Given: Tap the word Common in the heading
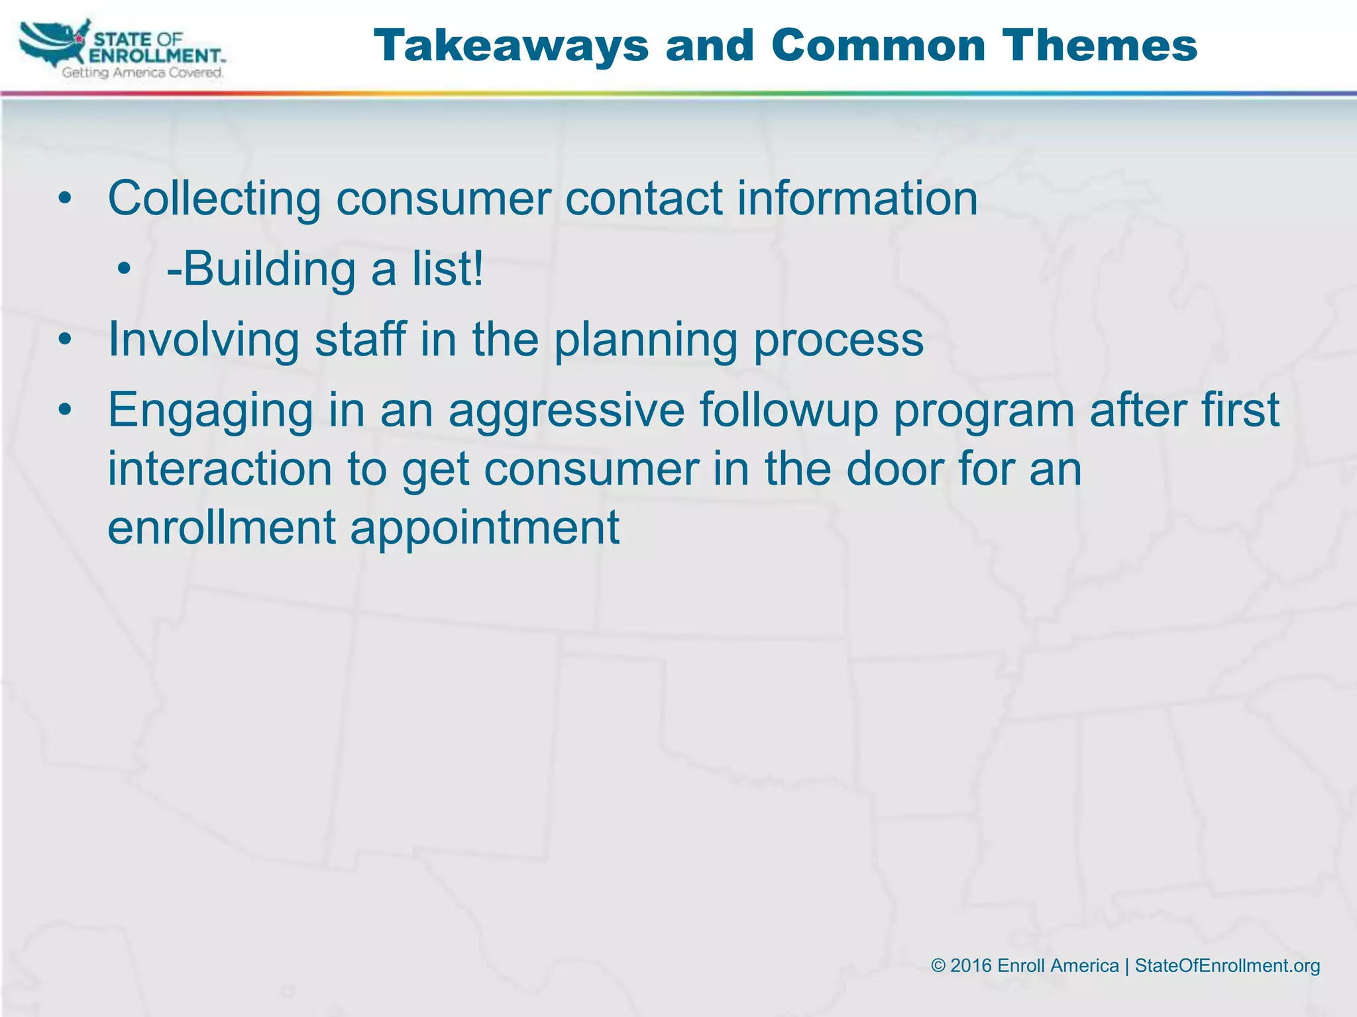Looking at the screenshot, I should pos(879,46).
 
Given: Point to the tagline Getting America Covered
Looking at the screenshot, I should pos(142,73).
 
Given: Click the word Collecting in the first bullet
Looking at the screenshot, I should pos(214,199).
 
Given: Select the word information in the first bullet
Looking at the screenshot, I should pos(857,199).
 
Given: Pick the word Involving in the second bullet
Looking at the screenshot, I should pos(203,340).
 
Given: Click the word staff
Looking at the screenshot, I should pos(359,340).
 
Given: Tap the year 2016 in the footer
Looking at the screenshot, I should pos(971,966).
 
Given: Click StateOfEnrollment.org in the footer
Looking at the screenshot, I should pos(1227,966).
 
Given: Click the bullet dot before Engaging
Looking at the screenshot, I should pos(64,411).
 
